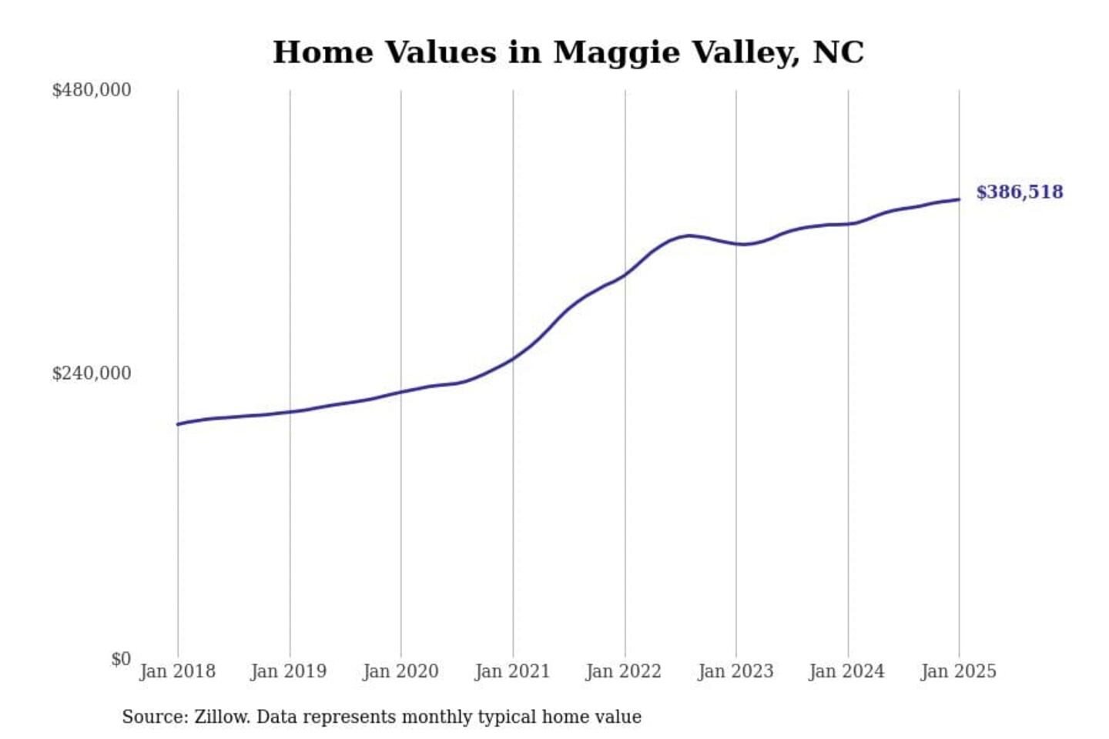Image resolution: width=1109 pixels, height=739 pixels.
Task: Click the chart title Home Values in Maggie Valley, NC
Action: [x=568, y=52]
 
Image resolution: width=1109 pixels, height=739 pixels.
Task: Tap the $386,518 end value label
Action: [x=1019, y=192]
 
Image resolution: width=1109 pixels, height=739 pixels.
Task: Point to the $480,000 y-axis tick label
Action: [x=91, y=90]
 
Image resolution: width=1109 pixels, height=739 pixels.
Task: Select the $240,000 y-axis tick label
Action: [x=91, y=373]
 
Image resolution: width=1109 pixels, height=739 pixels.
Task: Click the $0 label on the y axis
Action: [x=120, y=659]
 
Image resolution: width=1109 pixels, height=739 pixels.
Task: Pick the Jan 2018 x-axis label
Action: [x=177, y=671]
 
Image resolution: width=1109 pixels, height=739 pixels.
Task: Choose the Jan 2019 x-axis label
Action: [x=289, y=671]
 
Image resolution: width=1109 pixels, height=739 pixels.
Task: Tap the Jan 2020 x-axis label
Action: [x=400, y=671]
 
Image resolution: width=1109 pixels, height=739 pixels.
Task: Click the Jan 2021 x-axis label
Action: [x=512, y=671]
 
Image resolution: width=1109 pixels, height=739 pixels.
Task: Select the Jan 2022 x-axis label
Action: [x=624, y=671]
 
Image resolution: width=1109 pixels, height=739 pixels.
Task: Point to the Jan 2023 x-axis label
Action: [x=735, y=671]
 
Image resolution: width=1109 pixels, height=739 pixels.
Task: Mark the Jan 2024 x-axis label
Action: [x=847, y=671]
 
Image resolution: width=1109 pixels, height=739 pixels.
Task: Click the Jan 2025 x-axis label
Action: [x=959, y=671]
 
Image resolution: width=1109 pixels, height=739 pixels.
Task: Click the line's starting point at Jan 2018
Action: [x=178, y=424]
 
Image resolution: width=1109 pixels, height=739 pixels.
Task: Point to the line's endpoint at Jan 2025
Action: [x=960, y=199]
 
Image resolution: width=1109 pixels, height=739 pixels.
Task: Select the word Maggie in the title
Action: [x=616, y=52]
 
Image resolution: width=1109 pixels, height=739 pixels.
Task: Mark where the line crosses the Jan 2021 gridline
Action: [x=513, y=358]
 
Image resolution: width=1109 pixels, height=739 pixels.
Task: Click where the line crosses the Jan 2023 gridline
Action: [x=736, y=244]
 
